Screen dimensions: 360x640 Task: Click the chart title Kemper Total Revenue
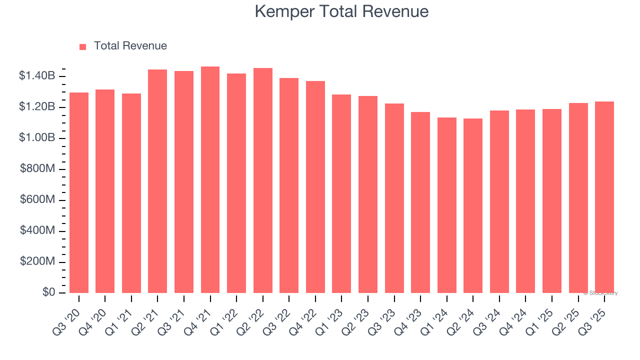click(341, 11)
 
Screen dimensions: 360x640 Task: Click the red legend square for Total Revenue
click(83, 46)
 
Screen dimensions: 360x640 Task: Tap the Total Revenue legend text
click(130, 46)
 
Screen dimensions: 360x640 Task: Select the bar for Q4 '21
click(210, 180)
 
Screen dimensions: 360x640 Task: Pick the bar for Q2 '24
click(473, 205)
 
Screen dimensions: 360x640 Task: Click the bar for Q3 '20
click(79, 192)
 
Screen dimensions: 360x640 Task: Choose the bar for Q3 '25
click(604, 197)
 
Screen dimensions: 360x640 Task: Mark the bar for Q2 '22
click(263, 180)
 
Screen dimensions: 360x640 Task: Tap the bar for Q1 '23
click(341, 193)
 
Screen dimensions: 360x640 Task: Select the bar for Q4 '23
click(420, 202)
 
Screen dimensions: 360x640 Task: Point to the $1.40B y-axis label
click(37, 76)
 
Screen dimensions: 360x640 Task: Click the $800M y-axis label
click(37, 169)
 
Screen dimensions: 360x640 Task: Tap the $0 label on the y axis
click(48, 292)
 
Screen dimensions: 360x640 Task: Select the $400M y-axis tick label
click(37, 231)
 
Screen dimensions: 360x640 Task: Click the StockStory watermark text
click(600, 293)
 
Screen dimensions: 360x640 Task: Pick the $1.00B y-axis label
click(37, 138)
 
